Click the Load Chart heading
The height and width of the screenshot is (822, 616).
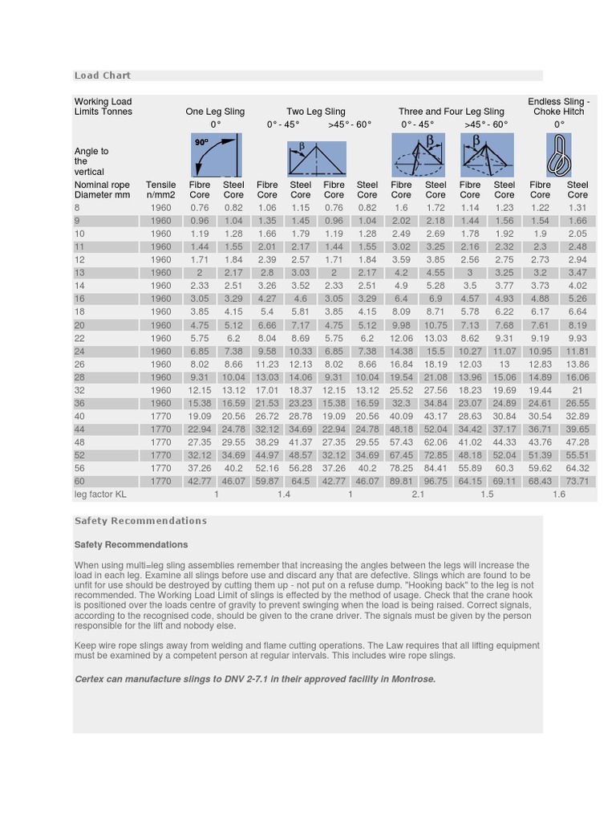pyautogui.click(x=102, y=75)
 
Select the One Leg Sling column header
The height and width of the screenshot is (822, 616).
pyautogui.click(x=215, y=112)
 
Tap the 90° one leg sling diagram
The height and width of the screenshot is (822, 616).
pyautogui.click(x=215, y=156)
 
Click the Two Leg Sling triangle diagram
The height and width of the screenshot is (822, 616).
pyautogui.click(x=317, y=159)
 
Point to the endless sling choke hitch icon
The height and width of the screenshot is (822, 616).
pyautogui.click(x=558, y=156)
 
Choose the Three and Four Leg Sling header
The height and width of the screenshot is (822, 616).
pyautogui.click(x=451, y=112)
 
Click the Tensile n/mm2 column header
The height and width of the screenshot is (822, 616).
pyautogui.click(x=160, y=189)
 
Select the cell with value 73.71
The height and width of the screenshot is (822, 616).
pyautogui.click(x=577, y=482)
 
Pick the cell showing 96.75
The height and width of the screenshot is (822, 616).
pyautogui.click(x=436, y=482)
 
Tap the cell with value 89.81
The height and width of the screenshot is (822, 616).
pyautogui.click(x=401, y=482)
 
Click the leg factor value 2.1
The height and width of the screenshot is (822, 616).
pyautogui.click(x=418, y=494)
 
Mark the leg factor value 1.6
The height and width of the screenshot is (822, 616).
pyautogui.click(x=558, y=494)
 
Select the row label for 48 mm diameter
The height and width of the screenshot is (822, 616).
pyautogui.click(x=79, y=442)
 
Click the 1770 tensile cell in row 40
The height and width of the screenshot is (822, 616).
pyautogui.click(x=160, y=417)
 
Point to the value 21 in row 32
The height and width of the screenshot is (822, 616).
pyautogui.click(x=577, y=390)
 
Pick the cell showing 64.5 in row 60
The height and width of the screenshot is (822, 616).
pyautogui.click(x=300, y=482)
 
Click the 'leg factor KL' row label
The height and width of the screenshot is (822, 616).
pyautogui.click(x=100, y=494)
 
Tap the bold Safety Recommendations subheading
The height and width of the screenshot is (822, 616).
pyautogui.click(x=131, y=544)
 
